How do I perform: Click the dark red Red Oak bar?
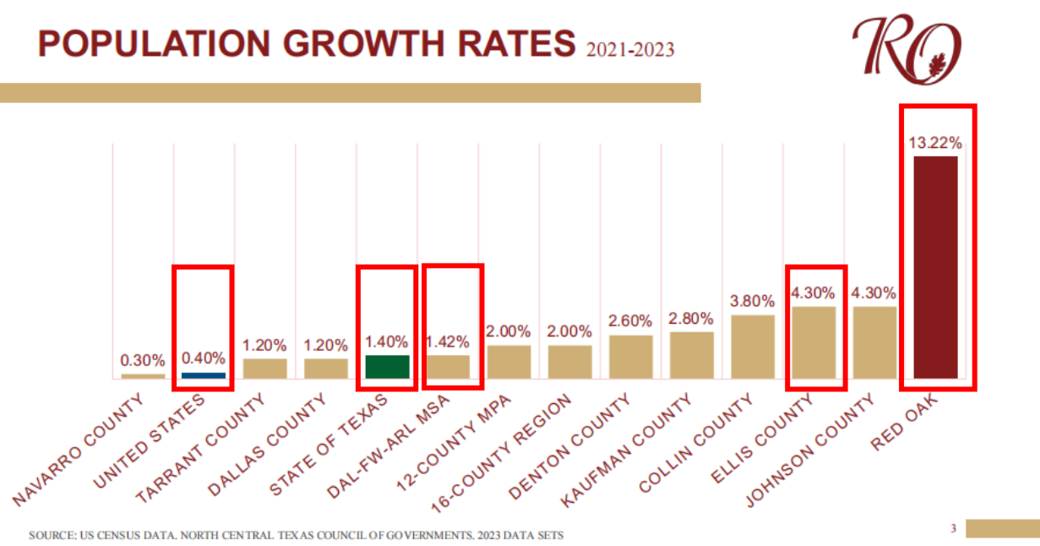click(x=935, y=267)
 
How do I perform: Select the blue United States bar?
click(x=204, y=374)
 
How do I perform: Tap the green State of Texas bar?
click(x=387, y=367)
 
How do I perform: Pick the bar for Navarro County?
click(x=143, y=375)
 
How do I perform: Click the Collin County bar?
click(x=753, y=347)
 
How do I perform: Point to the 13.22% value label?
click(x=935, y=142)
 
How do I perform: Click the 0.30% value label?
click(x=143, y=361)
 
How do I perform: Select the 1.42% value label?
click(x=448, y=342)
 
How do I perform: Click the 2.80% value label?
click(x=691, y=319)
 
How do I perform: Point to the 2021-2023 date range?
click(x=629, y=50)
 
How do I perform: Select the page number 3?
click(x=952, y=529)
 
